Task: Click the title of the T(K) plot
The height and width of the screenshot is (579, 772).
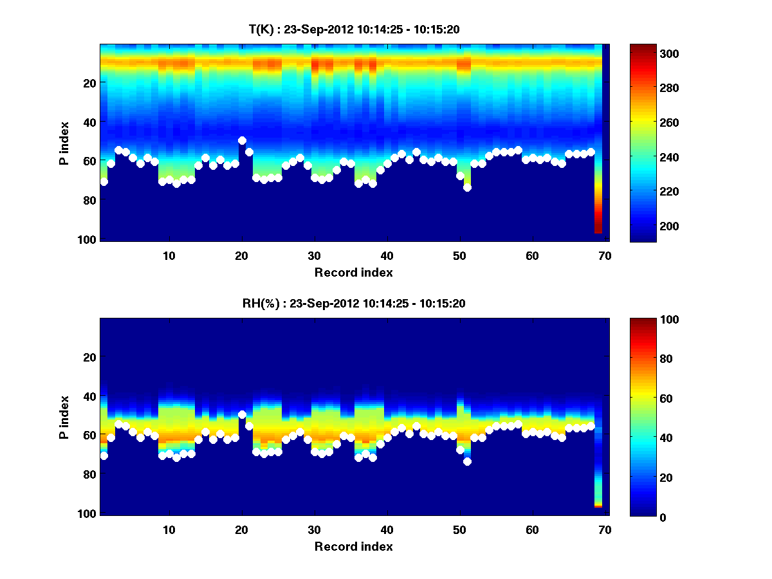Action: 354,29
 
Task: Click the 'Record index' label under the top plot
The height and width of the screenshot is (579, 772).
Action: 354,272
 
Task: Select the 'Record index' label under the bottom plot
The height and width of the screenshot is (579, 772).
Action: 354,546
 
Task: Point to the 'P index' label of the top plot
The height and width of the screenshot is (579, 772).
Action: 64,142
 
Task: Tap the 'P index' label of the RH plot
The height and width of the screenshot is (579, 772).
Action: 64,416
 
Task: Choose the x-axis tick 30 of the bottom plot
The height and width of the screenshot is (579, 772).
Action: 315,529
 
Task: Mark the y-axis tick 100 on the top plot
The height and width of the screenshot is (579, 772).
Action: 89,239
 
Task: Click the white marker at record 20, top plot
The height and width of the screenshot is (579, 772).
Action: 242,140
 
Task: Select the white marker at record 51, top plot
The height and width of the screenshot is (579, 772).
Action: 467,187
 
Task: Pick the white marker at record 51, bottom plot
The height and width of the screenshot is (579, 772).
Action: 467,461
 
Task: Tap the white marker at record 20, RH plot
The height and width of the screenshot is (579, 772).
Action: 242,414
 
